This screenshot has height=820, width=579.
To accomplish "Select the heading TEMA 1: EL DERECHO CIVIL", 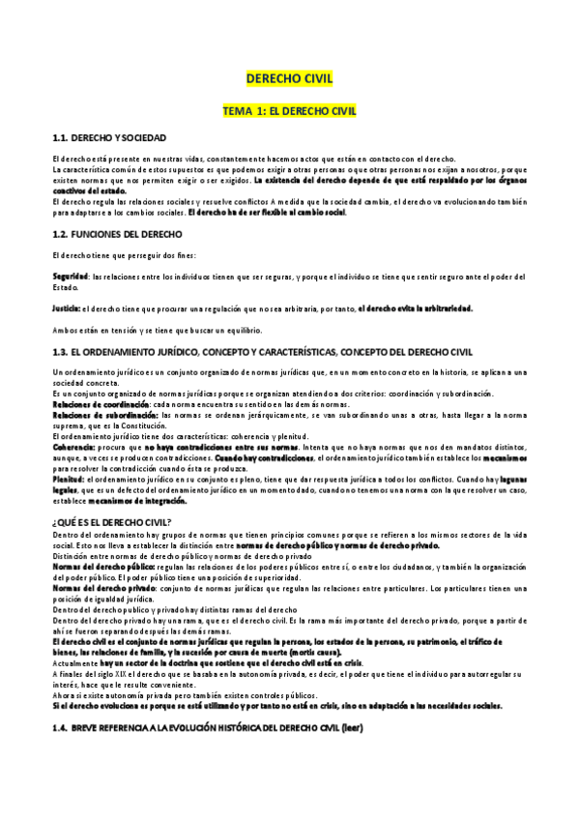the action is pos(290,111).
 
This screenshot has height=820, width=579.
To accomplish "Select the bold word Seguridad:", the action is pos(71,277).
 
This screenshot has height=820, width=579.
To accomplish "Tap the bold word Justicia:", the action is pos(68,308).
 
